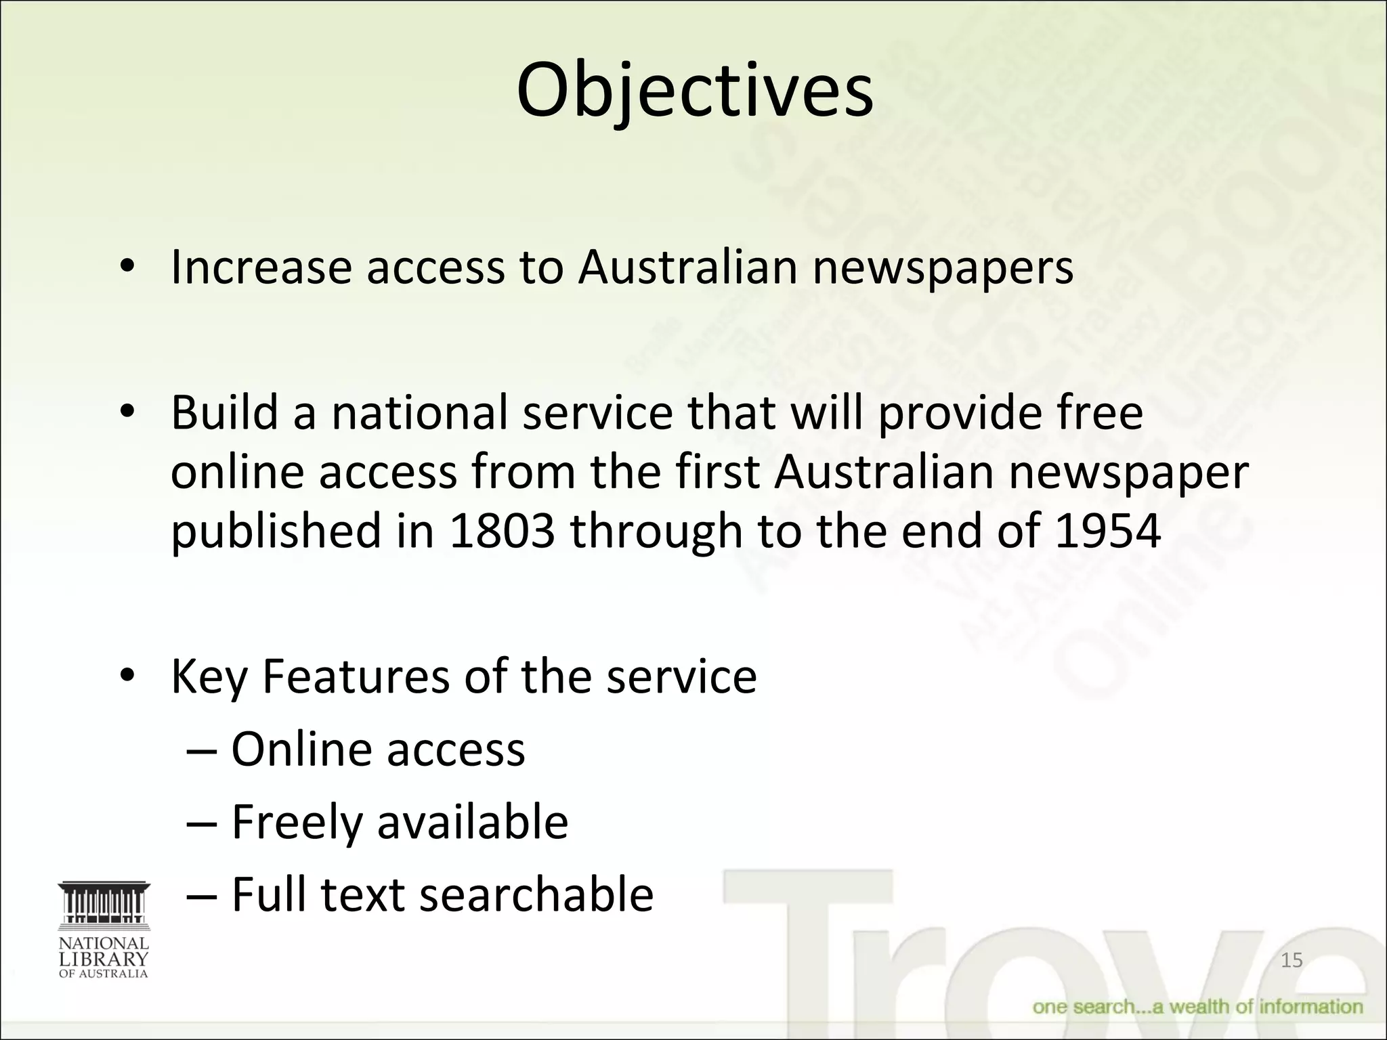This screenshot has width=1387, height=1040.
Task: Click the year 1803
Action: (x=501, y=530)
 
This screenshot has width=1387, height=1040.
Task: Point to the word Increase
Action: (x=261, y=267)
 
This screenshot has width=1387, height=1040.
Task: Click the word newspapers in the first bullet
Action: (x=943, y=268)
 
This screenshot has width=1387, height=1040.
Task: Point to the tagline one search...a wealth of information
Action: (x=1197, y=1007)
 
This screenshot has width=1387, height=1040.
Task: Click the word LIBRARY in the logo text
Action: (x=104, y=959)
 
